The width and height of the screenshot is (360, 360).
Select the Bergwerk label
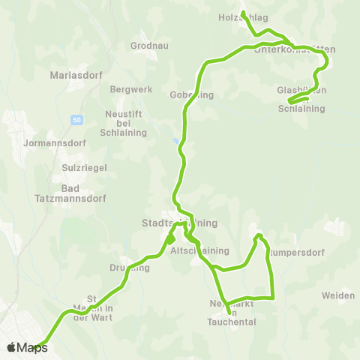tap(130, 89)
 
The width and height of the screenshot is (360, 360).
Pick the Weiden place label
tap(338, 295)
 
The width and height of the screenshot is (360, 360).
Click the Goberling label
tap(193, 94)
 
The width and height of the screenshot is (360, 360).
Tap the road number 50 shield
tap(77, 120)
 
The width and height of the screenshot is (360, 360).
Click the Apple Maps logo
tap(27, 347)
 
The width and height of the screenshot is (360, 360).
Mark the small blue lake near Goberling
tap(176, 139)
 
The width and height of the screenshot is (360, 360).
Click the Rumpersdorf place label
tap(294, 252)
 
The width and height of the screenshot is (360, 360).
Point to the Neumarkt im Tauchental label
tap(232, 313)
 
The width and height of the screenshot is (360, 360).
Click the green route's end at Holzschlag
tap(243, 13)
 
